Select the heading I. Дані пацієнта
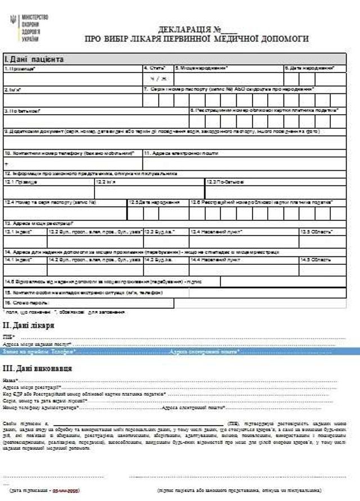click(34, 59)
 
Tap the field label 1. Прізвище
click(20, 68)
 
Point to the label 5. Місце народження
click(201, 68)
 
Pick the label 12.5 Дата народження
click(155, 201)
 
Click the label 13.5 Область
click(316, 231)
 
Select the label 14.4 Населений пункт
click(215, 260)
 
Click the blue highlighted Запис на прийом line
click(180, 351)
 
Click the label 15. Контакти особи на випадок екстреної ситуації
click(84, 292)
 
